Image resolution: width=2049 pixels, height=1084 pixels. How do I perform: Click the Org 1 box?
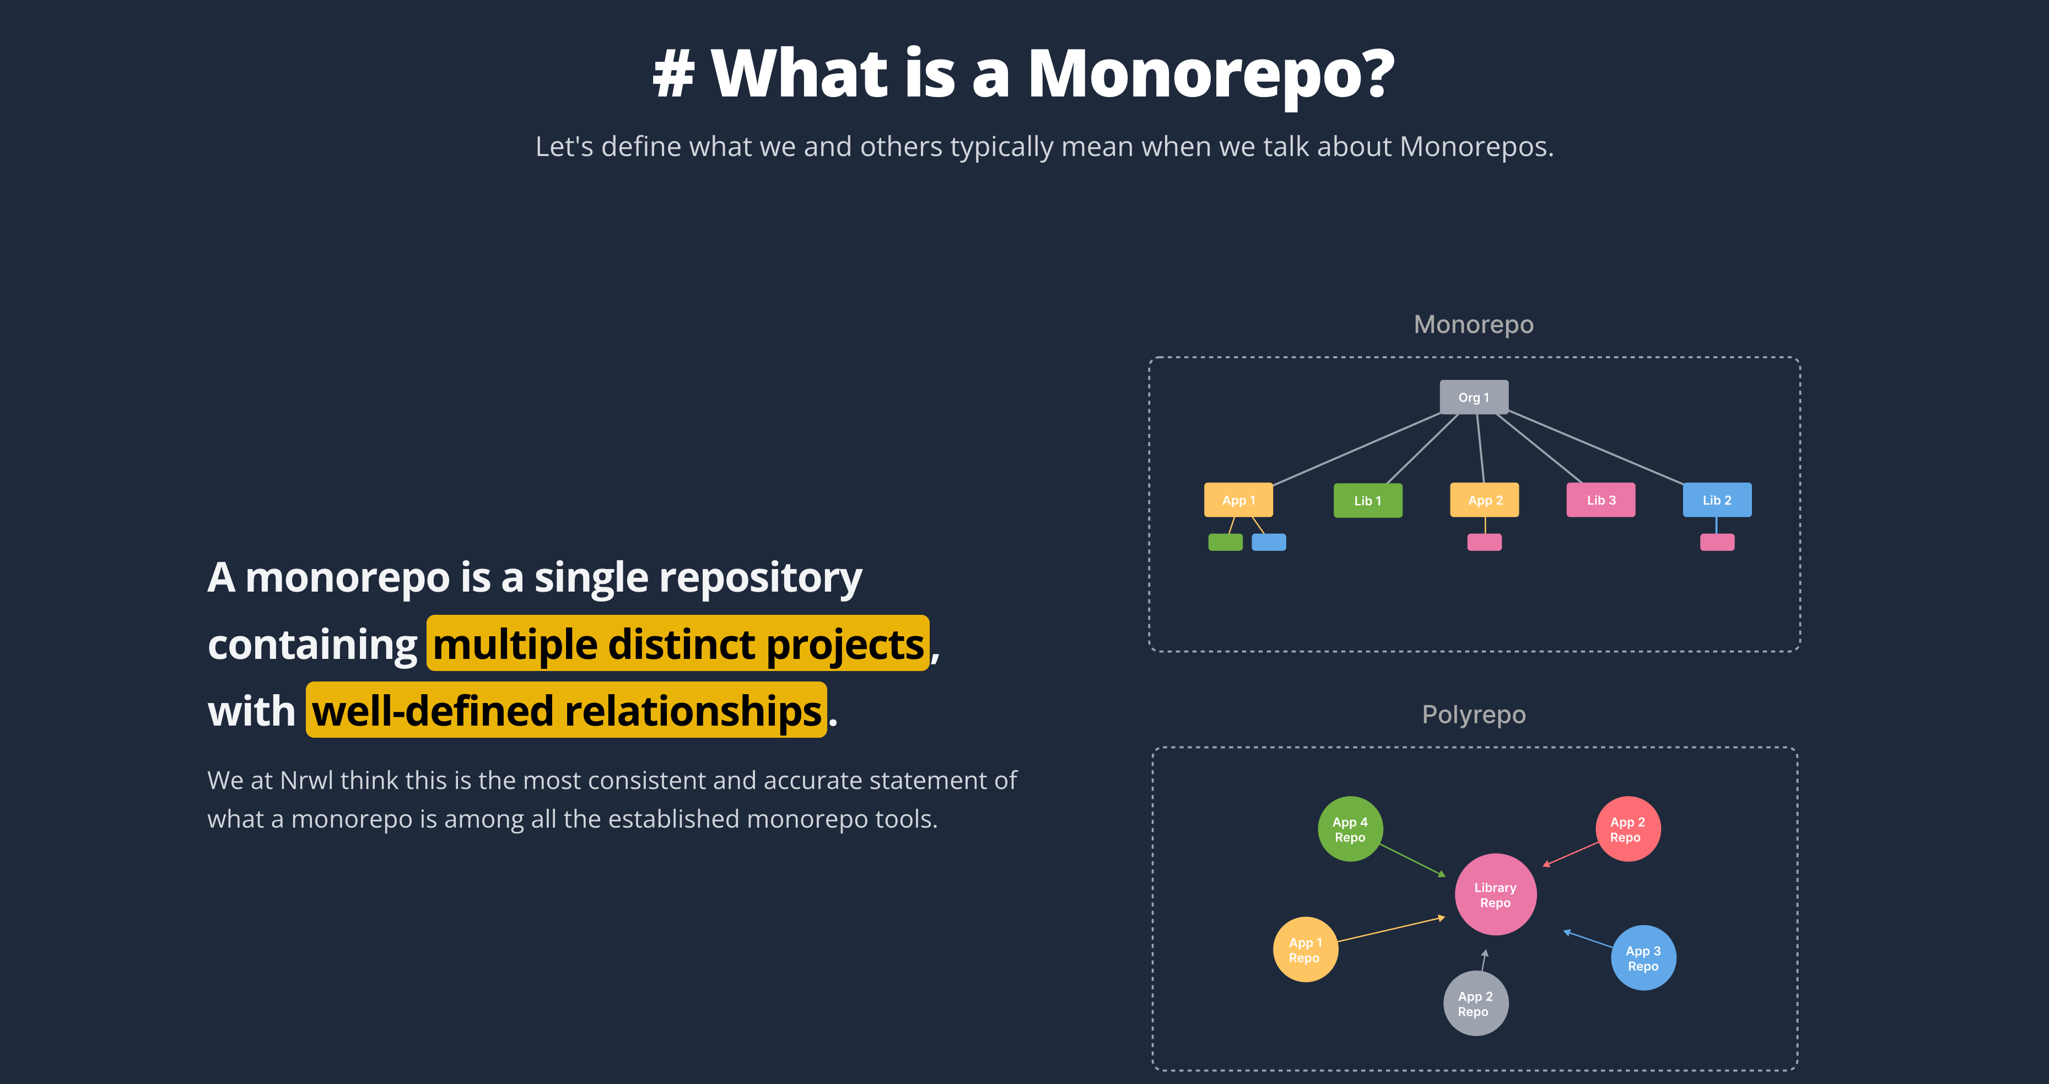[x=1473, y=397]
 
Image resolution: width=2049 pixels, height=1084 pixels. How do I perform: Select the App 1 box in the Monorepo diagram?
[x=1238, y=500]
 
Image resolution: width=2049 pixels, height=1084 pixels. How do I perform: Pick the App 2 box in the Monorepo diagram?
[x=1484, y=500]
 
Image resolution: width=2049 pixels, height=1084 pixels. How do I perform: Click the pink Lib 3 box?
[x=1600, y=500]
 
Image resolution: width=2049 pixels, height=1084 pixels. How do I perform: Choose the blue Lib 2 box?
[x=1717, y=500]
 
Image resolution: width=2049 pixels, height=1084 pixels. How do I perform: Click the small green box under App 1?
[x=1225, y=542]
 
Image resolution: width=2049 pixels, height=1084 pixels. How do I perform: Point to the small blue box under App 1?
[x=1269, y=542]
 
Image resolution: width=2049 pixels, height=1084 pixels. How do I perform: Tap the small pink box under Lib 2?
[x=1717, y=542]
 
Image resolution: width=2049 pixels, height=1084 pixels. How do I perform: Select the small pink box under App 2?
[x=1484, y=542]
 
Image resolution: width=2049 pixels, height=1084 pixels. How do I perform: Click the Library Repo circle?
[x=1495, y=894]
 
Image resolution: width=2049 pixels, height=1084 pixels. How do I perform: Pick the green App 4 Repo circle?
[x=1350, y=829]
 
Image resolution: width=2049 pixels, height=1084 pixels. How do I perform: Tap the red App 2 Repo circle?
[x=1627, y=829]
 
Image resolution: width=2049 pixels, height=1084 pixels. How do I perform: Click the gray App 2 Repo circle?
[x=1475, y=1003]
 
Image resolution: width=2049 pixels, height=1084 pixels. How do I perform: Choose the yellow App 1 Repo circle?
[x=1305, y=949]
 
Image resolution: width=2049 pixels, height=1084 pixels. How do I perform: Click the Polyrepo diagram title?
[x=1473, y=714]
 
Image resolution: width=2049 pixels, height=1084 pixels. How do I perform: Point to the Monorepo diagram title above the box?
[x=1473, y=324]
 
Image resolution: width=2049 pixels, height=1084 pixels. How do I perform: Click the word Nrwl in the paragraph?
[x=306, y=780]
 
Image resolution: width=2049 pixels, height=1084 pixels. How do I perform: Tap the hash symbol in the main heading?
[x=673, y=74]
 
